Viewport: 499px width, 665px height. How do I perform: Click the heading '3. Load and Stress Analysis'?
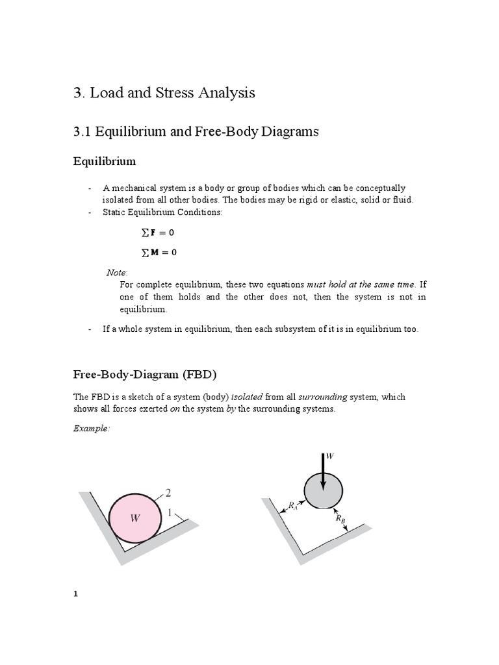pyautogui.click(x=164, y=93)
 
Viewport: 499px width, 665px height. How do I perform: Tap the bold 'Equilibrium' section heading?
pyautogui.click(x=104, y=160)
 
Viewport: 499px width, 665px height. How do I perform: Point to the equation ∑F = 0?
pyautogui.click(x=154, y=232)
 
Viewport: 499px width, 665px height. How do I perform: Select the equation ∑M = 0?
pyautogui.click(x=154, y=253)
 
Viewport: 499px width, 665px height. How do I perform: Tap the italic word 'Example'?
pyautogui.click(x=92, y=430)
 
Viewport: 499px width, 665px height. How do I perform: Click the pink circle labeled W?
pyautogui.click(x=135, y=518)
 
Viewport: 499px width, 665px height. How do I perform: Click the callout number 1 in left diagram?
pyautogui.click(x=170, y=513)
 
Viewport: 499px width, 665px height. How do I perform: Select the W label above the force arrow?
pyautogui.click(x=329, y=457)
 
